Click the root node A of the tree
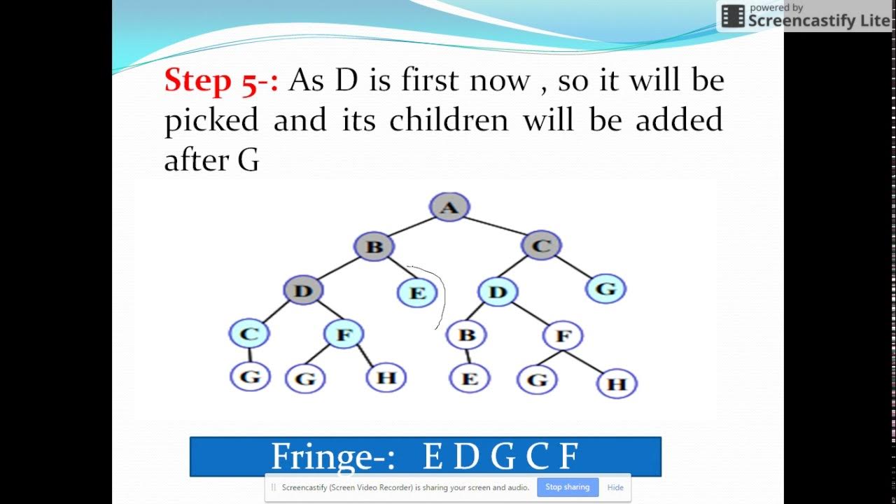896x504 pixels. [449, 207]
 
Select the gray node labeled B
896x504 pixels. [374, 246]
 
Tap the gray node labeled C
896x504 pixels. [541, 246]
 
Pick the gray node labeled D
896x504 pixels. [304, 290]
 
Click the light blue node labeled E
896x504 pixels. [417, 293]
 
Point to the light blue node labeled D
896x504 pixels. [497, 292]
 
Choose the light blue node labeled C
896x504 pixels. [248, 334]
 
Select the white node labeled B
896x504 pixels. [467, 335]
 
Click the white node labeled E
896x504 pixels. [470, 379]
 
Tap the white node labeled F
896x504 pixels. [563, 337]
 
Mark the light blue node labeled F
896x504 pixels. [344, 335]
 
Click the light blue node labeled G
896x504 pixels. [606, 288]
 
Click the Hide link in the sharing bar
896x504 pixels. [615, 487]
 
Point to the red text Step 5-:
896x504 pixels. [221, 81]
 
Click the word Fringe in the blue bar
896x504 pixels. [329, 457]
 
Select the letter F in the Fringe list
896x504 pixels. [568, 457]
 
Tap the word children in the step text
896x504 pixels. [449, 120]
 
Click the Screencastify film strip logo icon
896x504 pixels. [733, 16]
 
